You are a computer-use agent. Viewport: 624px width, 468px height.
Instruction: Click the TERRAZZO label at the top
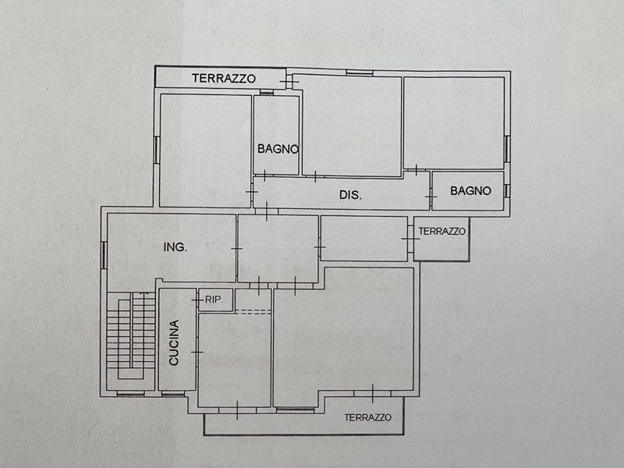pyautogui.click(x=224, y=79)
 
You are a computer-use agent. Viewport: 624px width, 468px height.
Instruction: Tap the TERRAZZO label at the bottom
pyautogui.click(x=367, y=417)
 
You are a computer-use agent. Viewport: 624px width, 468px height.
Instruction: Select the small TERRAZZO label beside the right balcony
pyautogui.click(x=441, y=231)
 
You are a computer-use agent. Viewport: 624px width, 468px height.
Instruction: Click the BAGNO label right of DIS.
pyautogui.click(x=470, y=191)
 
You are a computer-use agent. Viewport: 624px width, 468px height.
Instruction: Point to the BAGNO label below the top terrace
pyautogui.click(x=278, y=149)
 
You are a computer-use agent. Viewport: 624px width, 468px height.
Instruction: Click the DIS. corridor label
pyautogui.click(x=350, y=195)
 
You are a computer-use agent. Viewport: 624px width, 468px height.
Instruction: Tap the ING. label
pyautogui.click(x=175, y=247)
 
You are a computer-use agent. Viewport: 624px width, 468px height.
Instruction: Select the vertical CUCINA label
pyautogui.click(x=174, y=342)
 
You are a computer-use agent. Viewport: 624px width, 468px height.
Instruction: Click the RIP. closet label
pyautogui.click(x=213, y=300)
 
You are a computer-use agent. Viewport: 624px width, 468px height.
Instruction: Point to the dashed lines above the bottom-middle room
pyautogui.click(x=253, y=312)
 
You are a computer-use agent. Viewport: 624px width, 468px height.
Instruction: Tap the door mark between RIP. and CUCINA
pyautogui.click(x=197, y=300)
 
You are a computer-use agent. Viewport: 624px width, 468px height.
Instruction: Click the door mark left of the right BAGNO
pyautogui.click(x=431, y=197)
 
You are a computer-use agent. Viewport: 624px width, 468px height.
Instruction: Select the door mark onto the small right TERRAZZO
pyautogui.click(x=410, y=239)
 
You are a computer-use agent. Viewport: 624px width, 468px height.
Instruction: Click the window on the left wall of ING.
pyautogui.click(x=104, y=255)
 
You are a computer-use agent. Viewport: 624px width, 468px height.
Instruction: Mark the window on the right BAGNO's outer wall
pyautogui.click(x=506, y=190)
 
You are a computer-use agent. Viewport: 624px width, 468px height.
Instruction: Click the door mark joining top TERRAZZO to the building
pyautogui.click(x=289, y=82)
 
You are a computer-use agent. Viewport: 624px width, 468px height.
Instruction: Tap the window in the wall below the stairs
pyautogui.click(x=130, y=394)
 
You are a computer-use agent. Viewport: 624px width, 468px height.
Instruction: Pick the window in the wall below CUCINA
pyautogui.click(x=173, y=394)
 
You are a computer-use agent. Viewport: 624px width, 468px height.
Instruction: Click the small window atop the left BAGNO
pyautogui.click(x=267, y=93)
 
